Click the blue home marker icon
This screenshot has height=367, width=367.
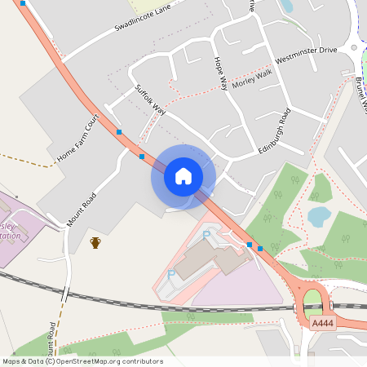[183, 175]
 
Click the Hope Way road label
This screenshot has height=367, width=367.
[220, 73]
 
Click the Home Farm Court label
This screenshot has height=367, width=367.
[77, 136]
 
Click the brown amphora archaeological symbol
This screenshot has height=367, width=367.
[95, 242]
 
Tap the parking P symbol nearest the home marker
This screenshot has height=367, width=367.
[206, 235]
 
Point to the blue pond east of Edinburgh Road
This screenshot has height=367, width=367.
[319, 216]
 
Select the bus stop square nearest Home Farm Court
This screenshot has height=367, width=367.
[120, 131]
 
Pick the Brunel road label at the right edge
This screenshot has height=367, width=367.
[360, 94]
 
